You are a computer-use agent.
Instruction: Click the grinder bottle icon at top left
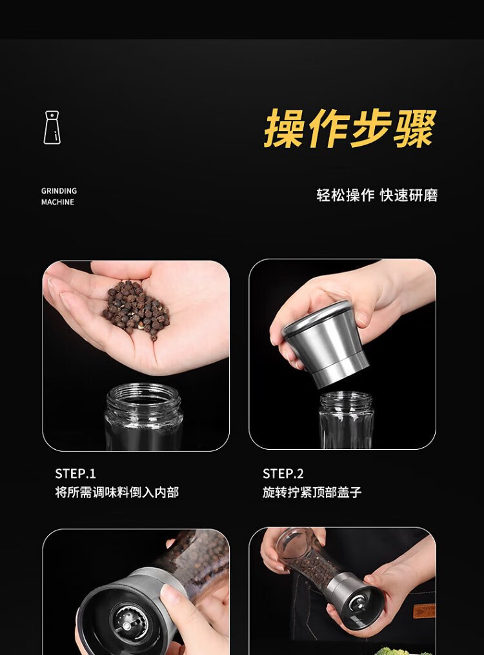(x=52, y=127)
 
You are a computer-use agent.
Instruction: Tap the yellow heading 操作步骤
(x=350, y=128)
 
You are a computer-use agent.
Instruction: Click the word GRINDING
(x=59, y=191)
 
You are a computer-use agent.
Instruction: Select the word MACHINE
(x=57, y=202)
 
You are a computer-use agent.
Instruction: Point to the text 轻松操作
(x=345, y=195)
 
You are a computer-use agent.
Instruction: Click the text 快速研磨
(x=409, y=195)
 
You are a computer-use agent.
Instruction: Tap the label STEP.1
(x=76, y=474)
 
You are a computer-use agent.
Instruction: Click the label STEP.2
(x=283, y=474)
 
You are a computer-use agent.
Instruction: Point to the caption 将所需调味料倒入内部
(x=117, y=492)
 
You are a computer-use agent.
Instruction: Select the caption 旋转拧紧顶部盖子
(x=312, y=492)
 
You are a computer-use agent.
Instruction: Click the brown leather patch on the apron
(x=424, y=610)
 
